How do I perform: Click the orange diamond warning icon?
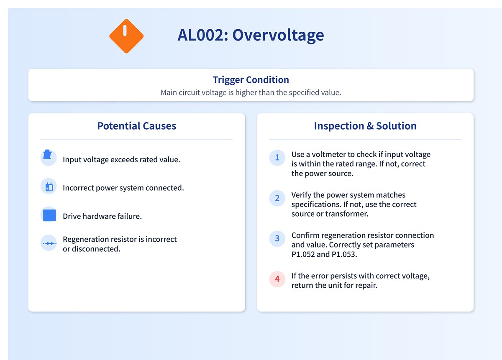[126, 36]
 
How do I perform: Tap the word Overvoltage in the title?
[278, 35]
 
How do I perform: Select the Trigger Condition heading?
[251, 80]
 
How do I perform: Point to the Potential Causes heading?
[136, 126]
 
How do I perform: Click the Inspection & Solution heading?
[365, 126]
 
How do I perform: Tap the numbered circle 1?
[277, 158]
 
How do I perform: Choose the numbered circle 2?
[277, 198]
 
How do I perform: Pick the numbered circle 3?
[277, 238]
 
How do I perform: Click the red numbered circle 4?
[277, 279]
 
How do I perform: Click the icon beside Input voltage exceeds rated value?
[49, 158]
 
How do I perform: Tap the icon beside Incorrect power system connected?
[49, 186]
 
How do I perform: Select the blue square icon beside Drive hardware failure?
[49, 215]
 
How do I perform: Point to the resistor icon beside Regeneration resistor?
[49, 243]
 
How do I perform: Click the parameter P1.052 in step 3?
[304, 254]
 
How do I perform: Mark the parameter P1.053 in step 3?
[347, 254]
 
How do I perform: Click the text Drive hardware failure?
[102, 216]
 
